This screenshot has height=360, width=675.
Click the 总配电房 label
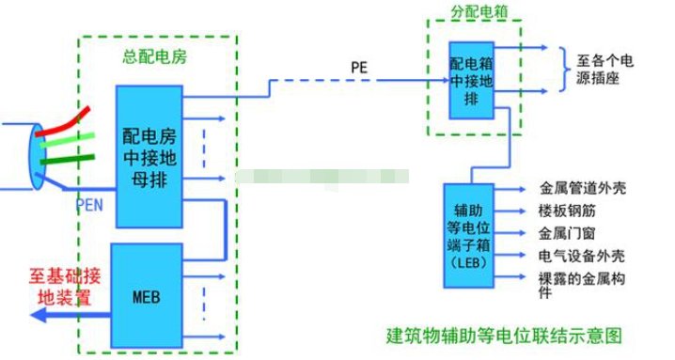(156, 56)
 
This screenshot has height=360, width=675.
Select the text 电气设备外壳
(577, 256)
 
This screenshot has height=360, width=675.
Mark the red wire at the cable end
(74, 118)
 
